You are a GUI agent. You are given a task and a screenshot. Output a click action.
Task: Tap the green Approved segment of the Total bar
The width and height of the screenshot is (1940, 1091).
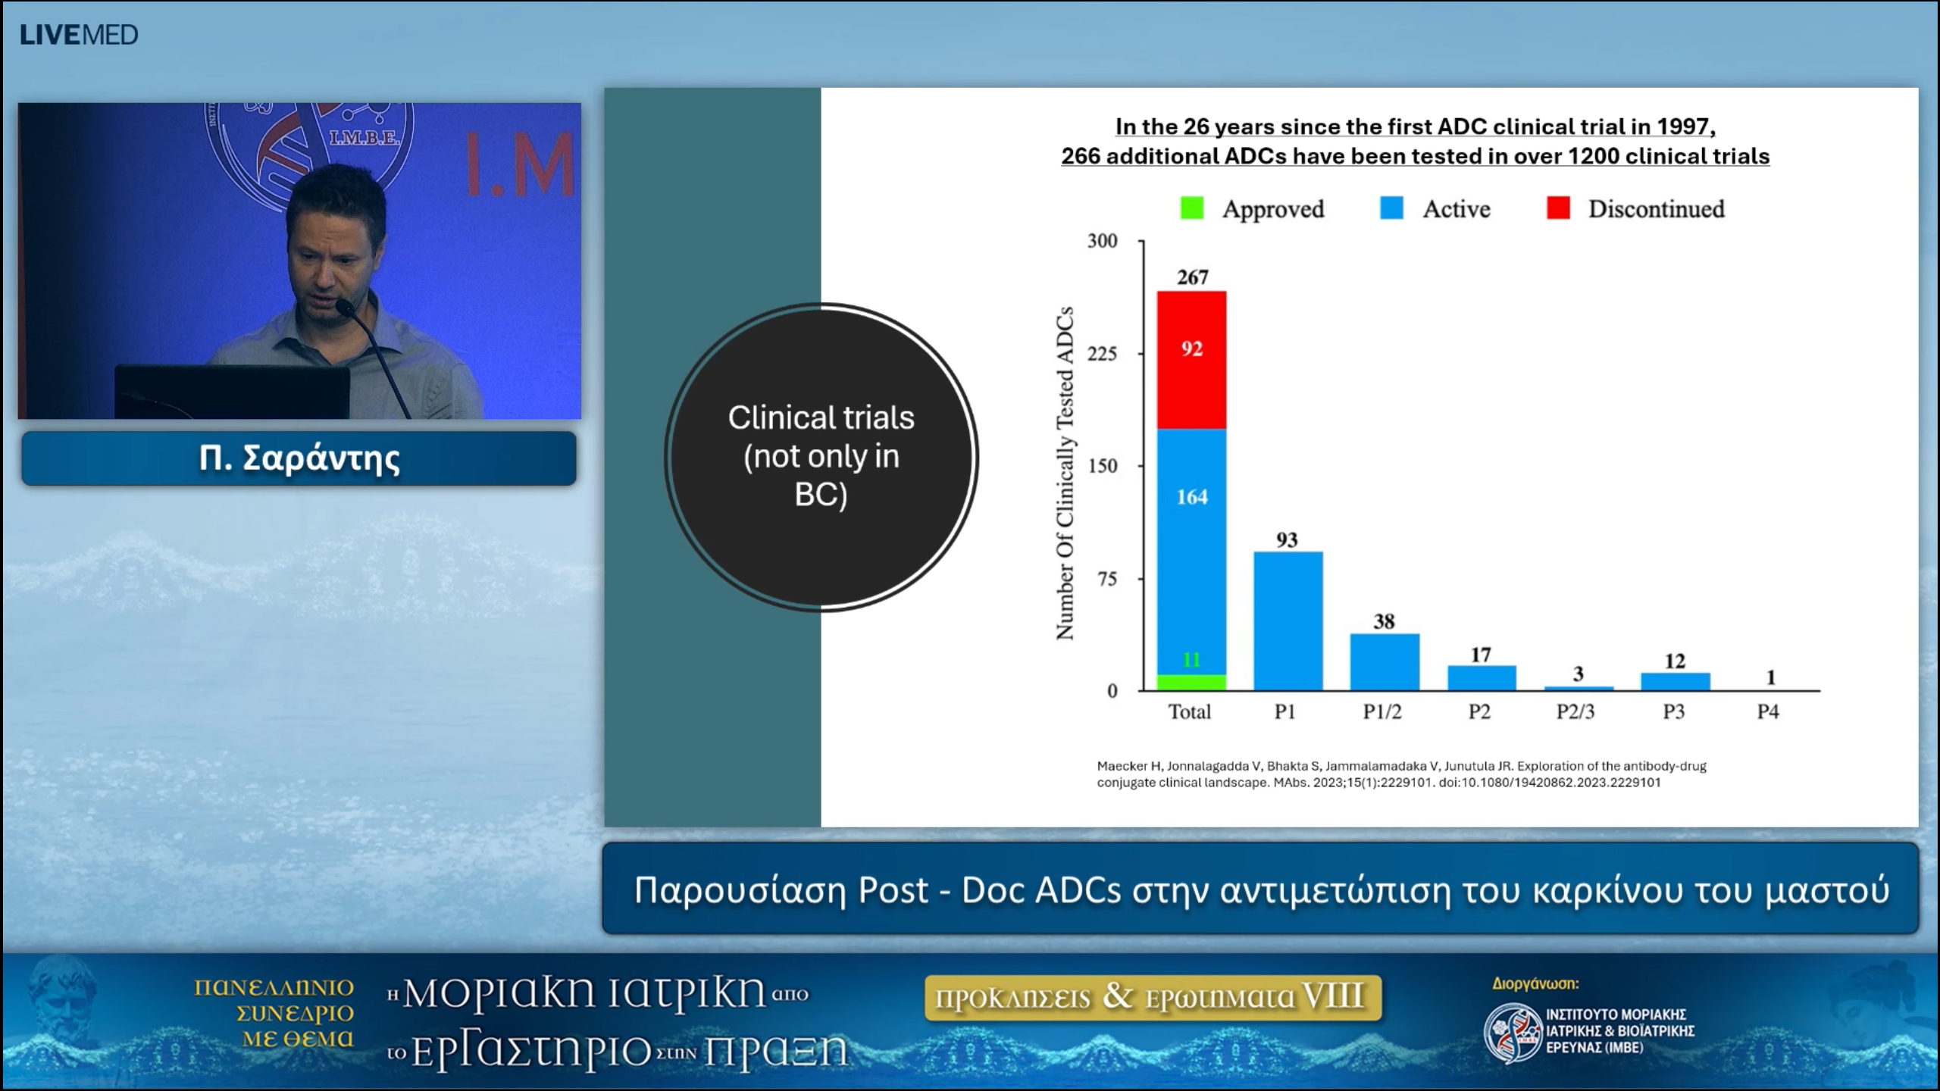1191,682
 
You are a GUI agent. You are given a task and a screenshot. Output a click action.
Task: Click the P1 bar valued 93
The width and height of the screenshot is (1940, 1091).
1288,621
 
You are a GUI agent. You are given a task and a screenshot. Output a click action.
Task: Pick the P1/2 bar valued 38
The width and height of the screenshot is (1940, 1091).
1384,662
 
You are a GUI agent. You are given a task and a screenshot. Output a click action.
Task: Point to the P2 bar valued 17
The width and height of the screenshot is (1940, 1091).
1481,678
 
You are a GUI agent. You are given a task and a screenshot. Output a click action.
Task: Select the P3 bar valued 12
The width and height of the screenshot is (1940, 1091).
1675,681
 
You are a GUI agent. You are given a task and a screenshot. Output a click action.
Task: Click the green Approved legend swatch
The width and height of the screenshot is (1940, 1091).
1191,208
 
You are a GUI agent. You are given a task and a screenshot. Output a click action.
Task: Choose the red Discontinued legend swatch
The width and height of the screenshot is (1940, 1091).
1557,208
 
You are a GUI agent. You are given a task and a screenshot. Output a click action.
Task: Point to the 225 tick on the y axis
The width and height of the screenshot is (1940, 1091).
1102,354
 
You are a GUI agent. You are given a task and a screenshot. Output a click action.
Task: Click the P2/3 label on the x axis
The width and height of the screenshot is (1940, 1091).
1575,711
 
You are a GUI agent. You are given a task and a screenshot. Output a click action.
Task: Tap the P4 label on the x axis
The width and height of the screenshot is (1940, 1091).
1768,711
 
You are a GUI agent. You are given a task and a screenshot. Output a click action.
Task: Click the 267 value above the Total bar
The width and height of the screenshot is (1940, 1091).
1192,277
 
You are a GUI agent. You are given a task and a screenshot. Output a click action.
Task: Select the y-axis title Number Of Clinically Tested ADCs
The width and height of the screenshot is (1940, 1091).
1065,473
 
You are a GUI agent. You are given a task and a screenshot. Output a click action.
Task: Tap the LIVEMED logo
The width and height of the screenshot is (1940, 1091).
79,35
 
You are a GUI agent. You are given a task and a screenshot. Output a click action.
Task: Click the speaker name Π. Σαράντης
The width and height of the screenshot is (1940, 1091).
299,458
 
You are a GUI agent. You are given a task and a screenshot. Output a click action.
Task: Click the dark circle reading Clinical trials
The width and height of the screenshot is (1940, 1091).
821,457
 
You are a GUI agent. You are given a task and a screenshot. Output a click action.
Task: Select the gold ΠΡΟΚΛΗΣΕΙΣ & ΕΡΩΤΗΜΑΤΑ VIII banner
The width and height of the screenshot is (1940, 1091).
1152,997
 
